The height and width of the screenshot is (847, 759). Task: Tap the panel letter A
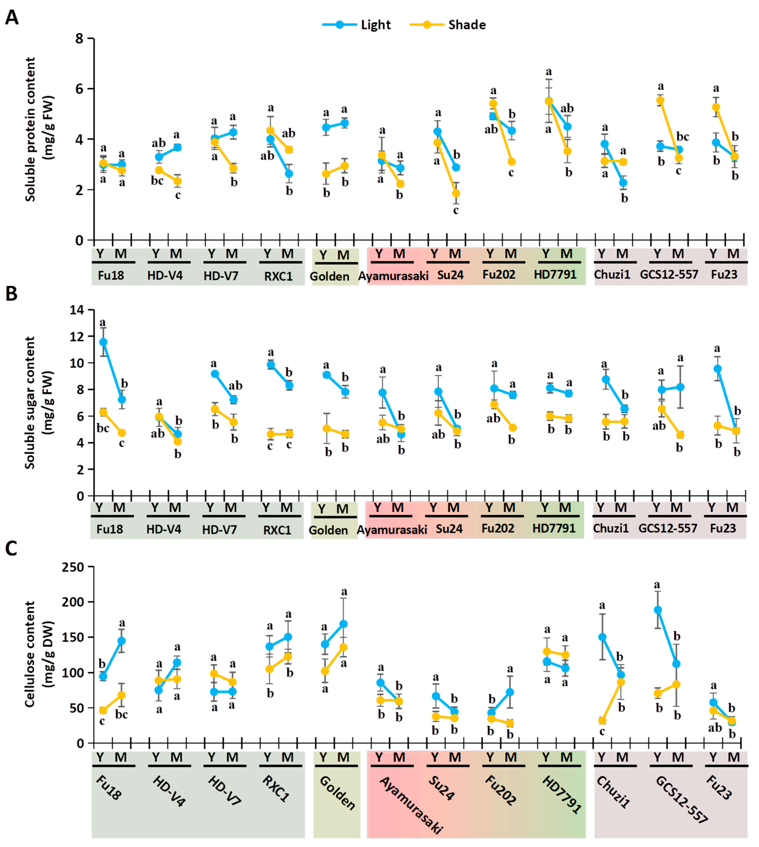(12, 18)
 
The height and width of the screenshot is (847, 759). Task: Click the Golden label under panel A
(329, 276)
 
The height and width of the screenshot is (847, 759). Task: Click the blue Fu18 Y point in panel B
(103, 342)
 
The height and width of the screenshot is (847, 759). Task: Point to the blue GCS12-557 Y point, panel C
(658, 610)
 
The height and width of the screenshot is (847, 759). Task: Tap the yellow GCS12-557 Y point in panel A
(660, 101)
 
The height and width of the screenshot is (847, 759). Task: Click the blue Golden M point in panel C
(344, 624)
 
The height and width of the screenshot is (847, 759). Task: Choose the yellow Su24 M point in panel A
(456, 194)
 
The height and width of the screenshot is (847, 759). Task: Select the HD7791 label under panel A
(555, 275)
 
